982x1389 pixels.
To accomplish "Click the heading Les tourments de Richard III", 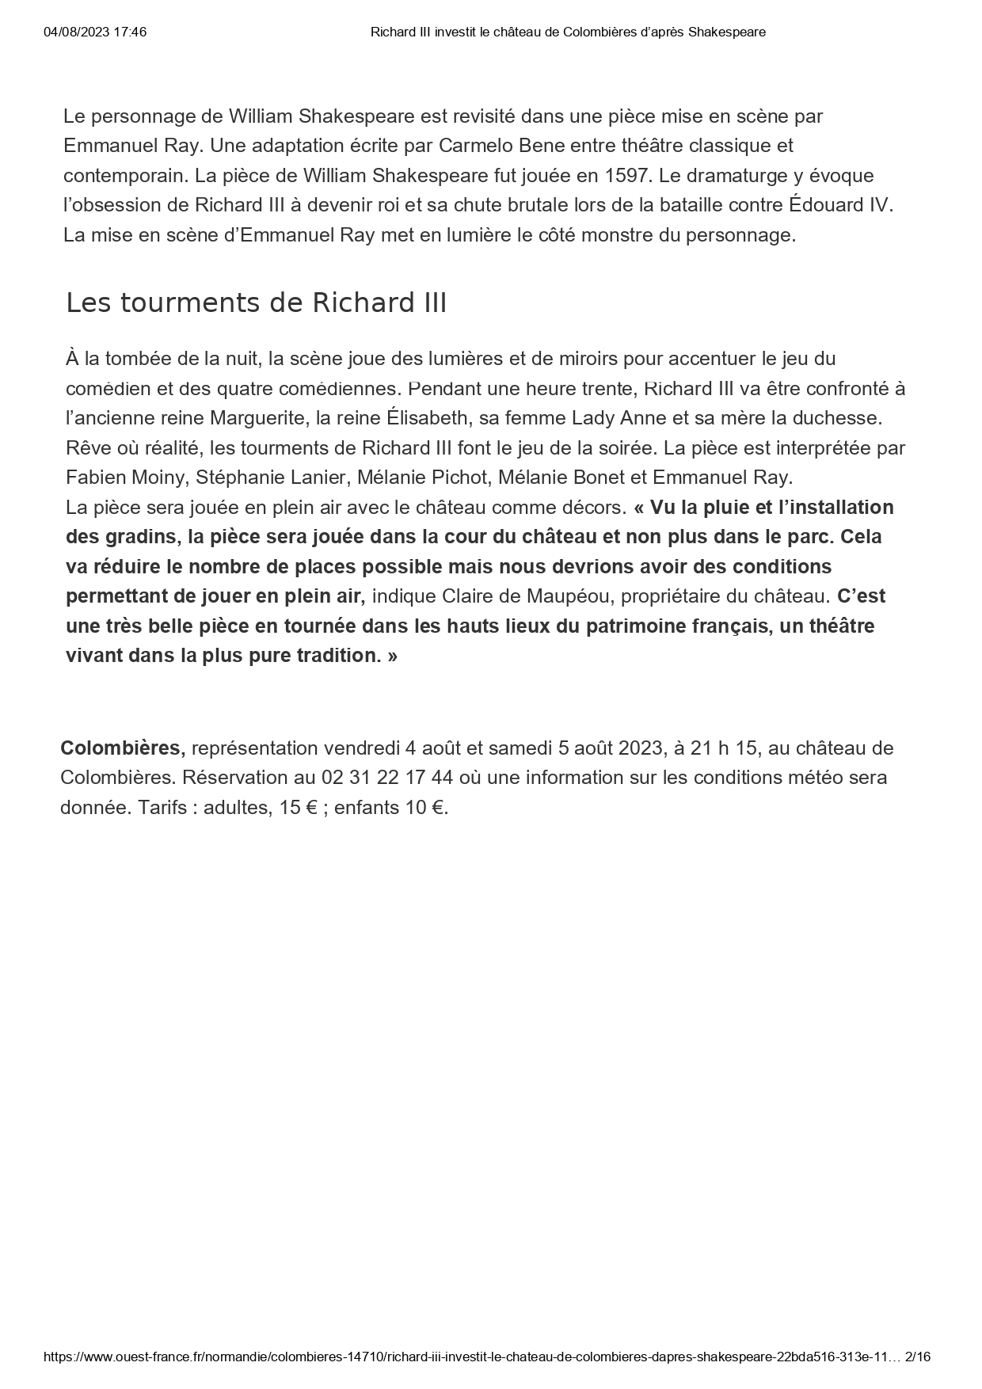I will pyautogui.click(x=256, y=303).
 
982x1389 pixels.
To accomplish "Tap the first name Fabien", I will pyautogui.click(x=93, y=478).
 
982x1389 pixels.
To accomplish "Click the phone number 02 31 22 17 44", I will pyautogui.click(x=387, y=778).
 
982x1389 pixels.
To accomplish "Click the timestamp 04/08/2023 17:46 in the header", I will pyautogui.click(x=95, y=32).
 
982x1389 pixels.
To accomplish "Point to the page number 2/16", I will pyautogui.click(x=917, y=1357).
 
